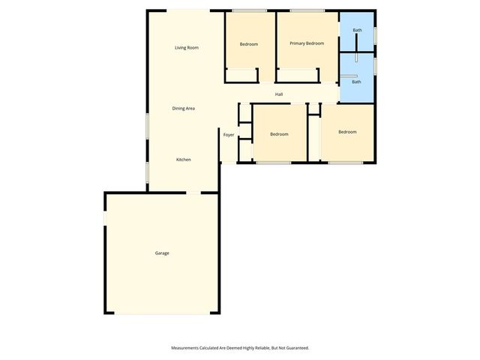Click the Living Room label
click(x=187, y=48)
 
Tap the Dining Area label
click(x=184, y=109)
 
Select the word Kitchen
click(x=183, y=160)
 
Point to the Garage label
click(x=162, y=253)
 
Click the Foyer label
click(x=229, y=135)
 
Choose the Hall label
click(x=279, y=94)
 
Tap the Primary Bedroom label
click(x=307, y=43)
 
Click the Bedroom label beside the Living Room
click(x=249, y=44)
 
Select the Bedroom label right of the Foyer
click(x=279, y=134)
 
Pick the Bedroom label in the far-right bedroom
click(x=347, y=132)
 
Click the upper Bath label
click(x=357, y=30)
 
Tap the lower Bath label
click(x=356, y=82)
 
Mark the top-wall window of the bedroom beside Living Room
click(x=249, y=11)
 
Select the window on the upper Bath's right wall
click(x=375, y=34)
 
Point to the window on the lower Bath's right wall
click(x=375, y=66)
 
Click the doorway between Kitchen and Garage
click(x=193, y=193)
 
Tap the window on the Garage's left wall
click(x=105, y=217)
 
